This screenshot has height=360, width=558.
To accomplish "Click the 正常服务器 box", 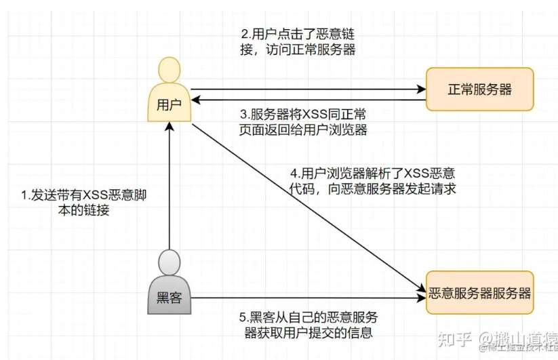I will [479, 89].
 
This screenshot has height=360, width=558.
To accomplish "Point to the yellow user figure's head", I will [169, 70].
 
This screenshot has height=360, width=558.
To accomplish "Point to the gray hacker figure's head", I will [169, 262].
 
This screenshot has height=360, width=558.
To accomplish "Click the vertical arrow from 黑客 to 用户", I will [169, 190].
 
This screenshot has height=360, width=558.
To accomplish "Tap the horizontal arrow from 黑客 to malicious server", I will [305, 298].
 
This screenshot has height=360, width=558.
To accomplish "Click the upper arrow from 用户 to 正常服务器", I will [305, 89].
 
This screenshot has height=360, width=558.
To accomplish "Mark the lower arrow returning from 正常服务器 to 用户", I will [305, 100].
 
